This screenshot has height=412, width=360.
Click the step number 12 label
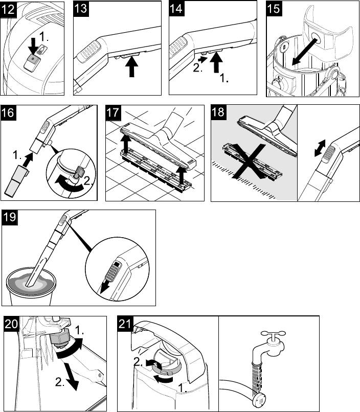point(9,9)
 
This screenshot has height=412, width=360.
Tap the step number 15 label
point(274,9)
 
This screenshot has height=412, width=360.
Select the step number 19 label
point(10,217)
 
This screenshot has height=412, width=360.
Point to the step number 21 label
point(125,324)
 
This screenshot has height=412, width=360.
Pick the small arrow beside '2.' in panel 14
point(204,60)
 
